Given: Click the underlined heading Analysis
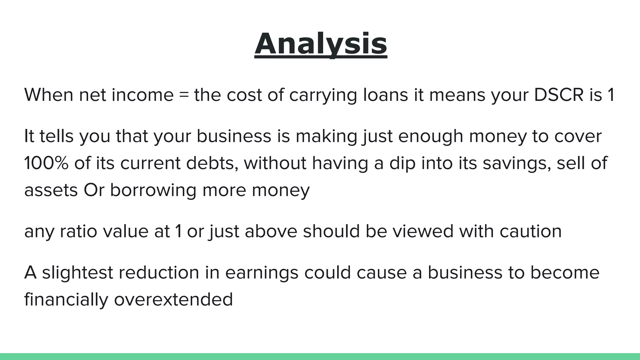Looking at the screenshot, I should pos(321,44).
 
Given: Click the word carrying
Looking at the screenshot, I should pos(323,96).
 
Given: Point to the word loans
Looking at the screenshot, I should pos(386,95).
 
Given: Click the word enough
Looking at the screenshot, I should pos(431,136).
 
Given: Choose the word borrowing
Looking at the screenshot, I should pos(153,190).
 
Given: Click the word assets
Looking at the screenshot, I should pos(51,190).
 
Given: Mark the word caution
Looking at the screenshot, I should pos(530,231).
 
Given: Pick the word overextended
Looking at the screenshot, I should pos(173,299).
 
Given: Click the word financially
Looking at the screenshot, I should pos(66,300).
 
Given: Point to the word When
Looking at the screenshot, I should pos(49,95).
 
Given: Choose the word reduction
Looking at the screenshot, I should pos(159,272).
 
